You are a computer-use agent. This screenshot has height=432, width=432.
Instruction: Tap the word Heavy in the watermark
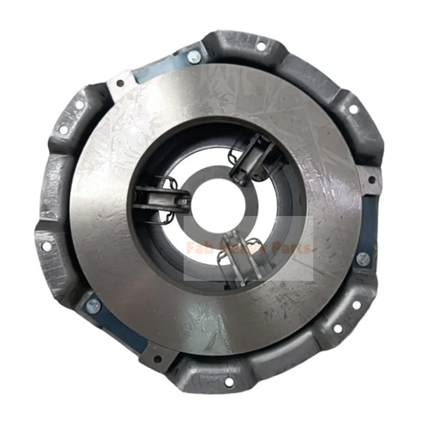[248, 248]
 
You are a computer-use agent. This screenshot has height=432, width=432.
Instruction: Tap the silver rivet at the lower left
[93, 305]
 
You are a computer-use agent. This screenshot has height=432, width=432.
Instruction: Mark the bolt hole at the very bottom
[228, 382]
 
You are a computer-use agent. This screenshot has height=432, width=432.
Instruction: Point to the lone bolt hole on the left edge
[47, 246]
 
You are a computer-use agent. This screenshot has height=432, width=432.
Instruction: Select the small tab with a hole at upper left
[120, 84]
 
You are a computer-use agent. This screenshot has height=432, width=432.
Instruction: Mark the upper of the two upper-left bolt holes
[80, 105]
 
